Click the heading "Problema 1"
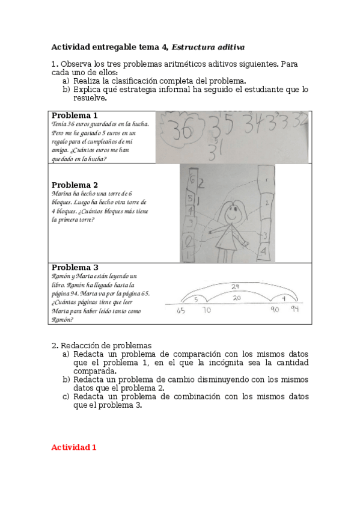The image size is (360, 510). point(75,115)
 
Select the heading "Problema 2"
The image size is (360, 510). point(75,185)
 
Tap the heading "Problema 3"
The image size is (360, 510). point(75,268)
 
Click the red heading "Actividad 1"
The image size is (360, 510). point(74,447)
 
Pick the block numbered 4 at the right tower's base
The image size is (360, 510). point(264,251)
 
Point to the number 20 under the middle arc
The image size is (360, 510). point(237,298)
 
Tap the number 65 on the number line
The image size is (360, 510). point(182,311)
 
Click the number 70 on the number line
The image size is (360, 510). point(206,311)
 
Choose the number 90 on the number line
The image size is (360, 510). point(275,310)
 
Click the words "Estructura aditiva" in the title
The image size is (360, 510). point(209,46)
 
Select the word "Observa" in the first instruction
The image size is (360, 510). point(76,64)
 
